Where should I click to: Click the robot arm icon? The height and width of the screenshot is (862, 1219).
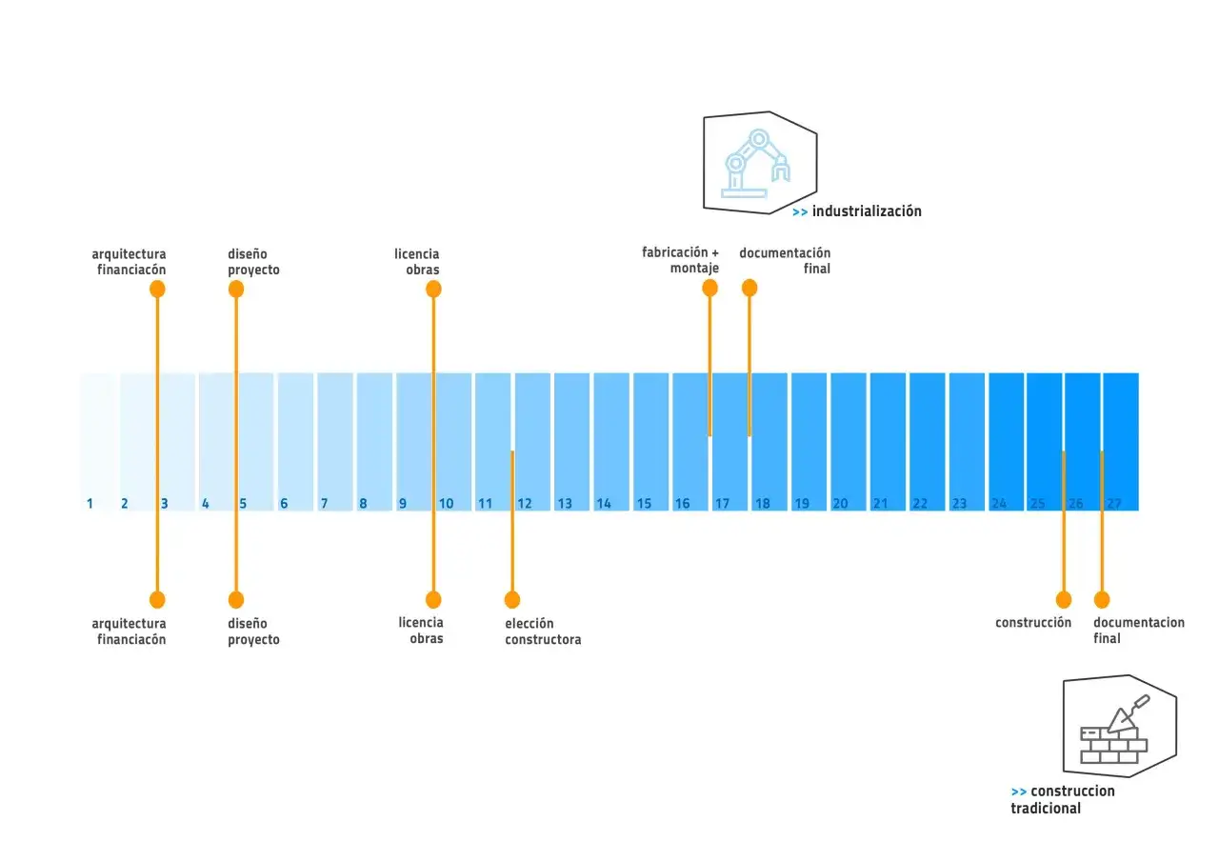[x=756, y=163]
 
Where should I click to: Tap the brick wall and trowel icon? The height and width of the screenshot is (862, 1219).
[x=1114, y=730]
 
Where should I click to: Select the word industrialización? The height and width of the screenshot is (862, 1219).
[x=867, y=211]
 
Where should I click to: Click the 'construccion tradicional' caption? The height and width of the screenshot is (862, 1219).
[x=1062, y=799]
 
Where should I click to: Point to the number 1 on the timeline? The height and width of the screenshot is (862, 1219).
[x=90, y=503]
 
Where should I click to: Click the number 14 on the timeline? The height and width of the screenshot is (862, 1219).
[x=604, y=503]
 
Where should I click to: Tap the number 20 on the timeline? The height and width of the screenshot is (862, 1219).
[x=840, y=503]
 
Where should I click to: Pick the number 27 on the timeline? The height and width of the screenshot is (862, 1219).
[x=1114, y=503]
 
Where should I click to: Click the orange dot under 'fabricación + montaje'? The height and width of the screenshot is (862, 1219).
[x=709, y=288]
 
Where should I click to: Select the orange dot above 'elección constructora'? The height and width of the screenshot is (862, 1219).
[x=512, y=600]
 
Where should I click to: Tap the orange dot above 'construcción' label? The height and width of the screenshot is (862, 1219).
[x=1064, y=600]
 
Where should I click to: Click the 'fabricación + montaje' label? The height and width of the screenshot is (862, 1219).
[x=680, y=260]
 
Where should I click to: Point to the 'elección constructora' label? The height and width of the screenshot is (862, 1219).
[x=543, y=631]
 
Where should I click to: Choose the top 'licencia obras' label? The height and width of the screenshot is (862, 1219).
[x=417, y=262]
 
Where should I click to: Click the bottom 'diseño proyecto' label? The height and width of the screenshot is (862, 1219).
[x=253, y=631]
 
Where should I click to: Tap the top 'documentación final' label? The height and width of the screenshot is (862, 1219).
[x=785, y=261]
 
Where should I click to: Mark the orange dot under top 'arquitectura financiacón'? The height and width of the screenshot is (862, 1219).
[x=157, y=289]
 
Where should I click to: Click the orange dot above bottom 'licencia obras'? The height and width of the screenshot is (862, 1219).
[x=433, y=600]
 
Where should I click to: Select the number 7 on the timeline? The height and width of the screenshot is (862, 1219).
[x=324, y=503]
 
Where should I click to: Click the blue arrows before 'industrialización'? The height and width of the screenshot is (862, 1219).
[x=799, y=212]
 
